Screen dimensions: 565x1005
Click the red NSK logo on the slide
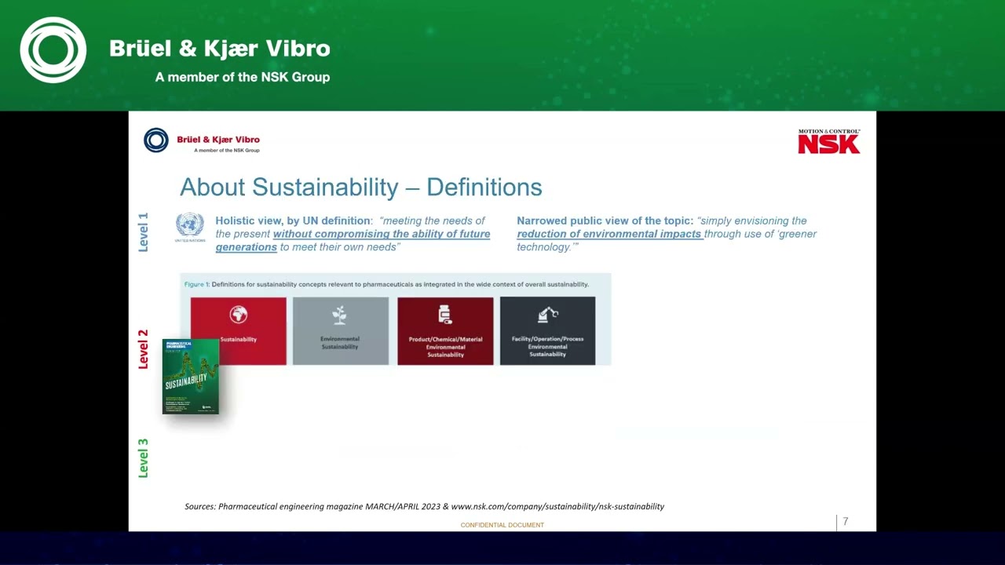pos(829,142)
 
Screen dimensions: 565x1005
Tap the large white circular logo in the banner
pos(53,50)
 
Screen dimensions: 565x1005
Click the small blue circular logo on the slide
pos(156,140)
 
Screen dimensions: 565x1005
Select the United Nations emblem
pos(190,226)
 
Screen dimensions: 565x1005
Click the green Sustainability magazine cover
pos(191,377)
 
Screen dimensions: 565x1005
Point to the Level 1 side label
pos(143,232)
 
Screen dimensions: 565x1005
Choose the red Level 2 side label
pos(143,349)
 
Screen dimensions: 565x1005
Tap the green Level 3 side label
pos(143,458)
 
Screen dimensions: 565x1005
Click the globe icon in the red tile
pos(239,315)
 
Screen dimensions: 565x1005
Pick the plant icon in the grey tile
pos(339,315)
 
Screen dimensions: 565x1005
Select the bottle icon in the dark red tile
pos(445,315)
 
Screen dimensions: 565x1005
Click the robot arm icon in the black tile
pos(547,315)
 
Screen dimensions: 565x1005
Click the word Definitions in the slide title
pos(484,188)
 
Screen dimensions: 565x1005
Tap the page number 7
pos(846,522)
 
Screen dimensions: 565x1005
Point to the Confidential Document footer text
pos(502,525)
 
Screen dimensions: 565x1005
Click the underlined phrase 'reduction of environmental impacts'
pos(608,234)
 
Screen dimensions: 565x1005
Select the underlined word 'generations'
pos(247,247)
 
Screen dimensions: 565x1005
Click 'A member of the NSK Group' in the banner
pos(243,77)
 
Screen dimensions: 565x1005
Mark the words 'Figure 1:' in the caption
pos(197,284)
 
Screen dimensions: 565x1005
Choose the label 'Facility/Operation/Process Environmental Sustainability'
pos(547,347)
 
